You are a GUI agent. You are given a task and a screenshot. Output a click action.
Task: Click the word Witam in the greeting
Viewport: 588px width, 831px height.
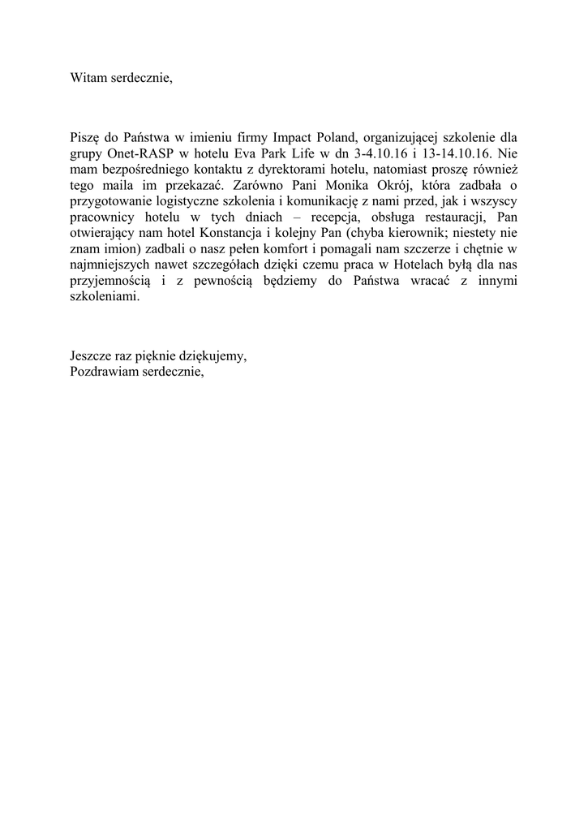pyautogui.click(x=88, y=79)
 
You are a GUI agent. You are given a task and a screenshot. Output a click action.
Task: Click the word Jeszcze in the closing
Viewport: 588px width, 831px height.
pyautogui.click(x=91, y=355)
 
